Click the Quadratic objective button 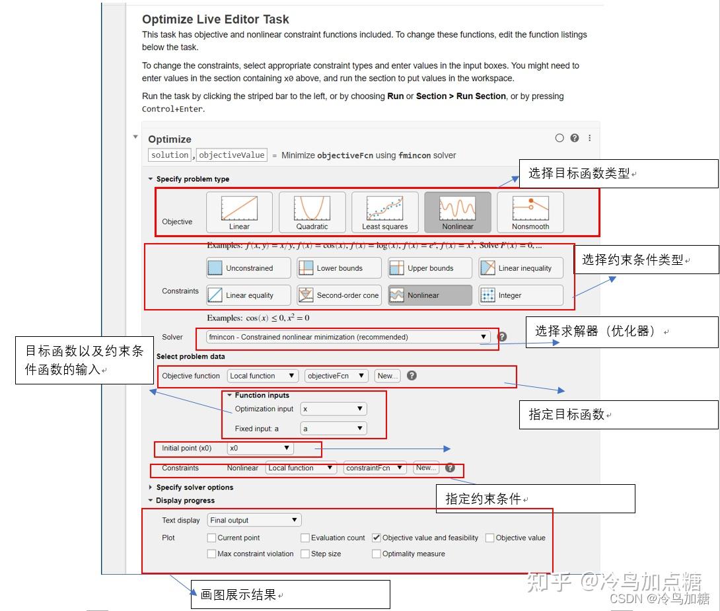click(312, 212)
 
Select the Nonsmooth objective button click(530, 212)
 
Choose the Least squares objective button click(384, 212)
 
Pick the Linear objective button click(239, 212)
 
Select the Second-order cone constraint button click(339, 295)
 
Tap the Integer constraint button click(521, 295)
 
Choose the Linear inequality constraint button click(521, 268)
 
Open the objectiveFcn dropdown click(336, 376)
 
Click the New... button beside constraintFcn click(425, 468)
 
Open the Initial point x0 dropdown click(260, 448)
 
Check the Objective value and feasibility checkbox click(377, 538)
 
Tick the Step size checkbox click(305, 554)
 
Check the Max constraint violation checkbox click(211, 554)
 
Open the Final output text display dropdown click(254, 521)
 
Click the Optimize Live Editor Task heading click(215, 20)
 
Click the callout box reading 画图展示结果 click(290, 594)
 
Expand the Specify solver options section click(194, 487)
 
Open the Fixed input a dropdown click(333, 429)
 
